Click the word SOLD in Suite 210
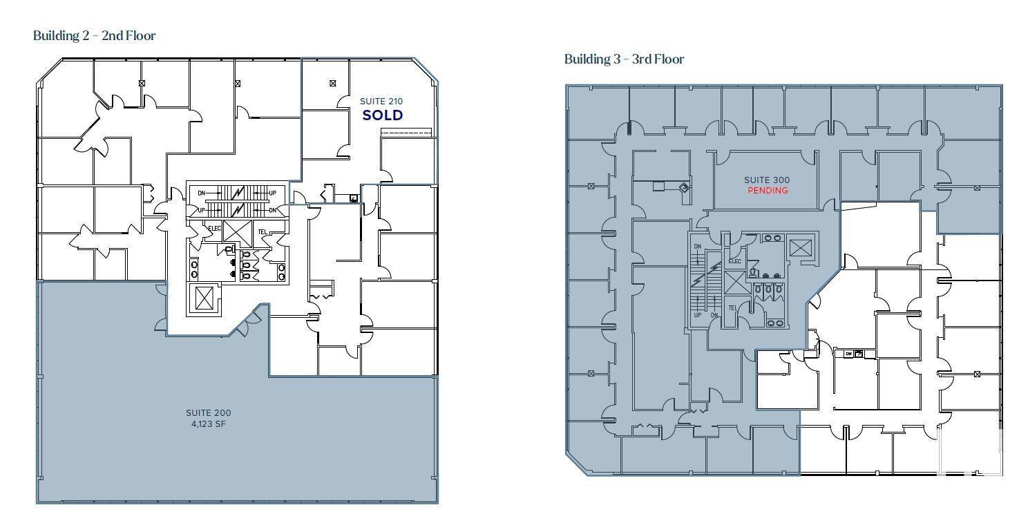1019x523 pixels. pos(382,115)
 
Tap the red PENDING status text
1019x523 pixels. pos(768,190)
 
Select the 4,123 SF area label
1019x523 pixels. pos(209,424)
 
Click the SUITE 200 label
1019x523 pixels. pos(209,413)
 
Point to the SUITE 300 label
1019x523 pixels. pos(767,180)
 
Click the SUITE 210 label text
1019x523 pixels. pos(381,102)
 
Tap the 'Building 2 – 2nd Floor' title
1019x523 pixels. pos(95,35)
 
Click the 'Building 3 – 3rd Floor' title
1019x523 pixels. pos(624,59)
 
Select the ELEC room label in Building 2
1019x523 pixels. pos(214,227)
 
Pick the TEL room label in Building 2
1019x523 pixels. pos(262,232)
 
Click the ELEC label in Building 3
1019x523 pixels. pos(734,261)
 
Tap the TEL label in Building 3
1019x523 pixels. pos(733,308)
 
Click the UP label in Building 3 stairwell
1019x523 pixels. pos(698,315)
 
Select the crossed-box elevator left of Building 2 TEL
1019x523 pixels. pos(237,232)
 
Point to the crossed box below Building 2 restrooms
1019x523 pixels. pos(204,298)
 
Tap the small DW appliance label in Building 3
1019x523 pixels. pos(848,354)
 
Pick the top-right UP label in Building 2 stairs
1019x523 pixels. pos(272,193)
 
